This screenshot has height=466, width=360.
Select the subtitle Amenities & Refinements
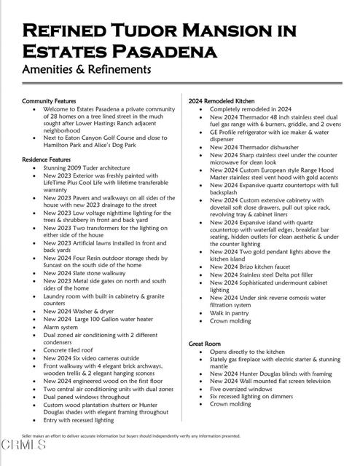pos(86,70)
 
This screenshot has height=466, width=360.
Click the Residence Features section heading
pos(47,159)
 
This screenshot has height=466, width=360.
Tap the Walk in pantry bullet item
pos(230,312)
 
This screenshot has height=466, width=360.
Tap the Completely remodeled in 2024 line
pos(251,108)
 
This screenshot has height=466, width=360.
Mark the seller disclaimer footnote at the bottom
pos(131,436)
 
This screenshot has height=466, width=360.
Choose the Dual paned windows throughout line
pos(86,397)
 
